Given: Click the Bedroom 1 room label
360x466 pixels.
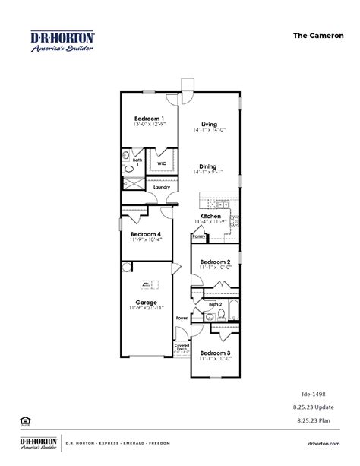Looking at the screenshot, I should pyautogui.click(x=150, y=119).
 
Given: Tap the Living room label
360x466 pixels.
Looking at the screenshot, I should pyautogui.click(x=210, y=125).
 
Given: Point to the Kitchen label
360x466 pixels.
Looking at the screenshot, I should pyautogui.click(x=210, y=217).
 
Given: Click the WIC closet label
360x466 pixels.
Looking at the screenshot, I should pyautogui.click(x=162, y=163).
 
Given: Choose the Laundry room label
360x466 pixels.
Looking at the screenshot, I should pyautogui.click(x=161, y=187).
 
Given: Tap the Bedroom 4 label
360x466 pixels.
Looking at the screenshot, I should pyautogui.click(x=146, y=234).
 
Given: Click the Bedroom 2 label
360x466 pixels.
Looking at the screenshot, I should pyautogui.click(x=216, y=262).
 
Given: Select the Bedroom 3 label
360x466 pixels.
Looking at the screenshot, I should pyautogui.click(x=216, y=353).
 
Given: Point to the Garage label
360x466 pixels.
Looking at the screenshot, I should pyautogui.click(x=147, y=301).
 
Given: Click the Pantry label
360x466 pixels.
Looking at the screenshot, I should pyautogui.click(x=198, y=236).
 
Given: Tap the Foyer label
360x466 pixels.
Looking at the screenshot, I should pyautogui.click(x=182, y=318).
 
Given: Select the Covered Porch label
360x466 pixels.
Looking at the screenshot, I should pyautogui.click(x=182, y=347).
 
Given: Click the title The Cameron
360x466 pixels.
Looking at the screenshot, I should pyautogui.click(x=313, y=35).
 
